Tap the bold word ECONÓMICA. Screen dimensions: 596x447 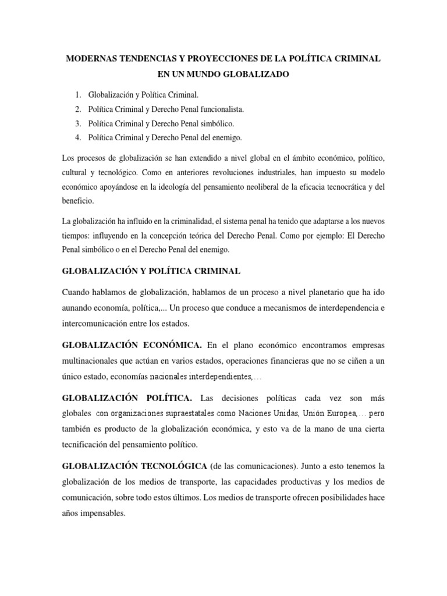click(x=172, y=345)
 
